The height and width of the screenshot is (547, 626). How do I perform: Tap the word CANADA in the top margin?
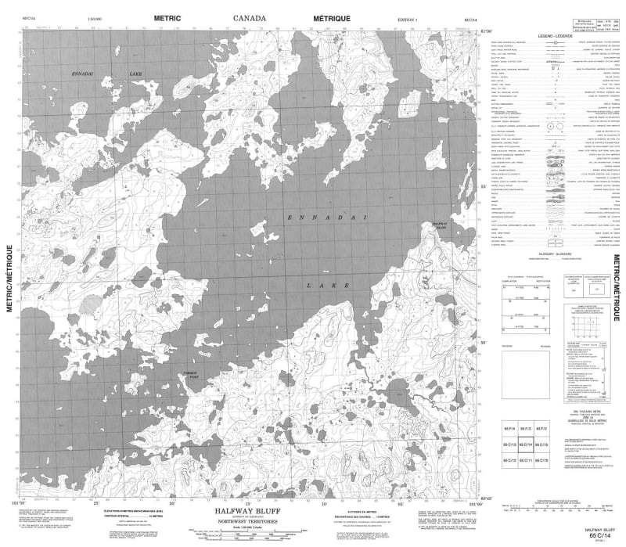click(x=250, y=17)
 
